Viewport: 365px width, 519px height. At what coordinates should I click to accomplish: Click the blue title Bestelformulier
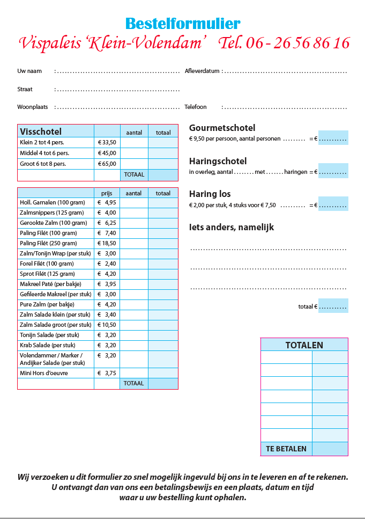pyautogui.click(x=183, y=24)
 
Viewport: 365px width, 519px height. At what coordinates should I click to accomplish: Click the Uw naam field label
pyautogui.click(x=29, y=71)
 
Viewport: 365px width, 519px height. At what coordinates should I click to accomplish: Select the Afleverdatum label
pyautogui.click(x=202, y=71)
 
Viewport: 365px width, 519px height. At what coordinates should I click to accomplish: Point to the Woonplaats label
pyautogui.click(x=33, y=107)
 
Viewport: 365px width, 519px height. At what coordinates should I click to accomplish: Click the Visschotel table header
pyautogui.click(x=41, y=131)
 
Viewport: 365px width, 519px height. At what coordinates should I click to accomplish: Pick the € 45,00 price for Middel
pyautogui.click(x=107, y=153)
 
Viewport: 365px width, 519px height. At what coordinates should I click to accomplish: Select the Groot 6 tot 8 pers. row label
pyautogui.click(x=43, y=164)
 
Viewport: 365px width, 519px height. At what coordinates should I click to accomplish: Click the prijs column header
pyautogui.click(x=106, y=193)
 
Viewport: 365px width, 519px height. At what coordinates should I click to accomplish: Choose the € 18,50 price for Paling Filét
pyautogui.click(x=107, y=244)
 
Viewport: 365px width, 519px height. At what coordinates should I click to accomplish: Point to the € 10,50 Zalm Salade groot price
pyautogui.click(x=107, y=325)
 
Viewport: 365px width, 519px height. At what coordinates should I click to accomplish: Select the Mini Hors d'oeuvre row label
pyautogui.click(x=44, y=373)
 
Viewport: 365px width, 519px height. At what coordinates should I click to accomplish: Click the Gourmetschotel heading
pyautogui.click(x=222, y=128)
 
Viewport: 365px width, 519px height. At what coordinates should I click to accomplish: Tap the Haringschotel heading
pyautogui.click(x=218, y=161)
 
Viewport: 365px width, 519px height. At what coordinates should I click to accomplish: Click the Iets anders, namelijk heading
pyautogui.click(x=232, y=227)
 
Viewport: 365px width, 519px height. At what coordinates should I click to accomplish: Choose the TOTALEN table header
pyautogui.click(x=304, y=345)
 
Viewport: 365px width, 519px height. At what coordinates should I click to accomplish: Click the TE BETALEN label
pyautogui.click(x=286, y=449)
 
